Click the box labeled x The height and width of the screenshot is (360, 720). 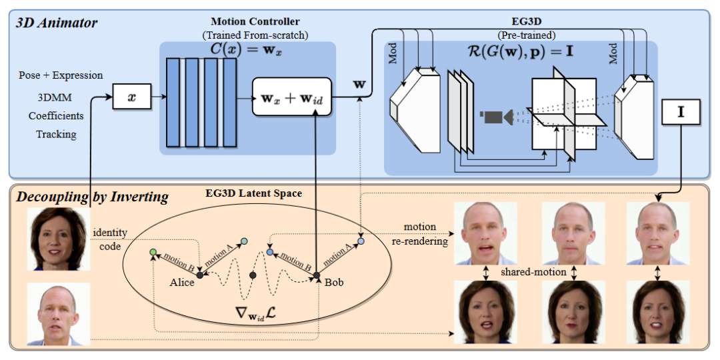132,97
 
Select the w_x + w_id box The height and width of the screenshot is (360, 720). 291,97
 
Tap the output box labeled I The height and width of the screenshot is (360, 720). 681,112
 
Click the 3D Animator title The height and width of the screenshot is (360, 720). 57,23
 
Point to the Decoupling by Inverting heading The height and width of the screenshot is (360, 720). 92,197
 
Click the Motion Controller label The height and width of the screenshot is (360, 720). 255,21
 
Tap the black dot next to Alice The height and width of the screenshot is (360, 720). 200,275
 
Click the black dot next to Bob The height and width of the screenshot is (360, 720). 317,275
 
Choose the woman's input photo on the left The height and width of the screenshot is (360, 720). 59,239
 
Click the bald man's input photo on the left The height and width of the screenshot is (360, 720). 59,314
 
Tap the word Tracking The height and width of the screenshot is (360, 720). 57,135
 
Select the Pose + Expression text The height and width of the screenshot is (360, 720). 61,75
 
